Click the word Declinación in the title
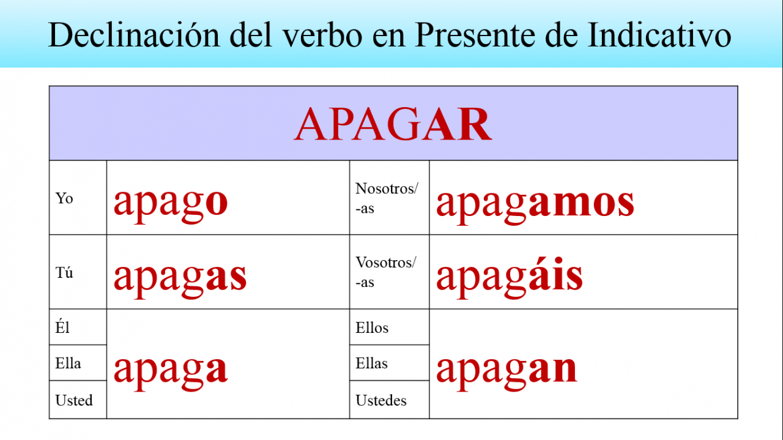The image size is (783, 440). pos(133,35)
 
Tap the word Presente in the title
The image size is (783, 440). pos(475,35)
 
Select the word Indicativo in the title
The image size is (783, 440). pos(659,35)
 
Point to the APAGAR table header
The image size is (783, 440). pos(393,124)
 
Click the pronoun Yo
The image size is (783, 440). pos(64,198)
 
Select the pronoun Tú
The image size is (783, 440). pos(64,272)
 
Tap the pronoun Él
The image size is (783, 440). pos(62,327)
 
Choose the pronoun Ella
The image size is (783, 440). pos(68,363)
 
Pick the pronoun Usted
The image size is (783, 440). pos(74,400)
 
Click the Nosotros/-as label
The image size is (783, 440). pos(387,198)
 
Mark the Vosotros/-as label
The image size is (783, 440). pos(386,272)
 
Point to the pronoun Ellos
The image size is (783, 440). pos(372,328)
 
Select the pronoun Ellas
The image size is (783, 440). pos(371,363)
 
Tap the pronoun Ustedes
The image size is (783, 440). pos(381,400)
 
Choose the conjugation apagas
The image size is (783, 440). pos(180,280)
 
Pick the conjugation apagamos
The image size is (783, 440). pos(535,206)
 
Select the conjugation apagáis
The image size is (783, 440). pos(510,278)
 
